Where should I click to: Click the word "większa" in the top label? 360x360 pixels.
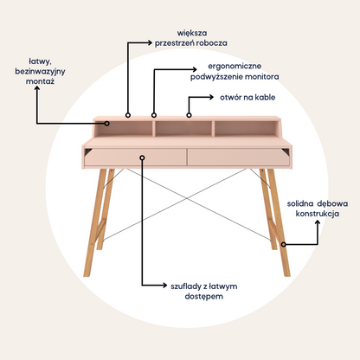[x=192, y=33]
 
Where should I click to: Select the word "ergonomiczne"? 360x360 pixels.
[x=235, y=67]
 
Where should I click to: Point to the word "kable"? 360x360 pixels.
[x=265, y=97]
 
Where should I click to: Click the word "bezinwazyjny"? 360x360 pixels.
[x=40, y=72]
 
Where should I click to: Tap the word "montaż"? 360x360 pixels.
[x=40, y=81]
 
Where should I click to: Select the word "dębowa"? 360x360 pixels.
[x=332, y=204]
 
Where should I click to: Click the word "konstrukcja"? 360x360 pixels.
[x=318, y=214]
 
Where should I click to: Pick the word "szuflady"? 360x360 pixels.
[x=186, y=286]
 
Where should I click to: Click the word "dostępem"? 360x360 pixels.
[x=204, y=297]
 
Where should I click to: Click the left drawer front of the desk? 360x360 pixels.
[x=135, y=157]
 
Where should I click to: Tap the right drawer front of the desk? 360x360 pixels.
[x=239, y=157]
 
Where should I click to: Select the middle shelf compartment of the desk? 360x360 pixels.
[x=183, y=129]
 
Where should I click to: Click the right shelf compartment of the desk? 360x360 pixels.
[x=247, y=129]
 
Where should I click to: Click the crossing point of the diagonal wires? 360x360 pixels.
[x=187, y=198]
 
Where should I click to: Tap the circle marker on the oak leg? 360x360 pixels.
[x=284, y=244]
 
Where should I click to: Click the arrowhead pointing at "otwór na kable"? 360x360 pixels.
[x=211, y=97]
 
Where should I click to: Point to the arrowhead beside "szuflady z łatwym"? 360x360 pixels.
[x=164, y=286]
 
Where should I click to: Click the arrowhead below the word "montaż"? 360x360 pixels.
[x=37, y=89]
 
